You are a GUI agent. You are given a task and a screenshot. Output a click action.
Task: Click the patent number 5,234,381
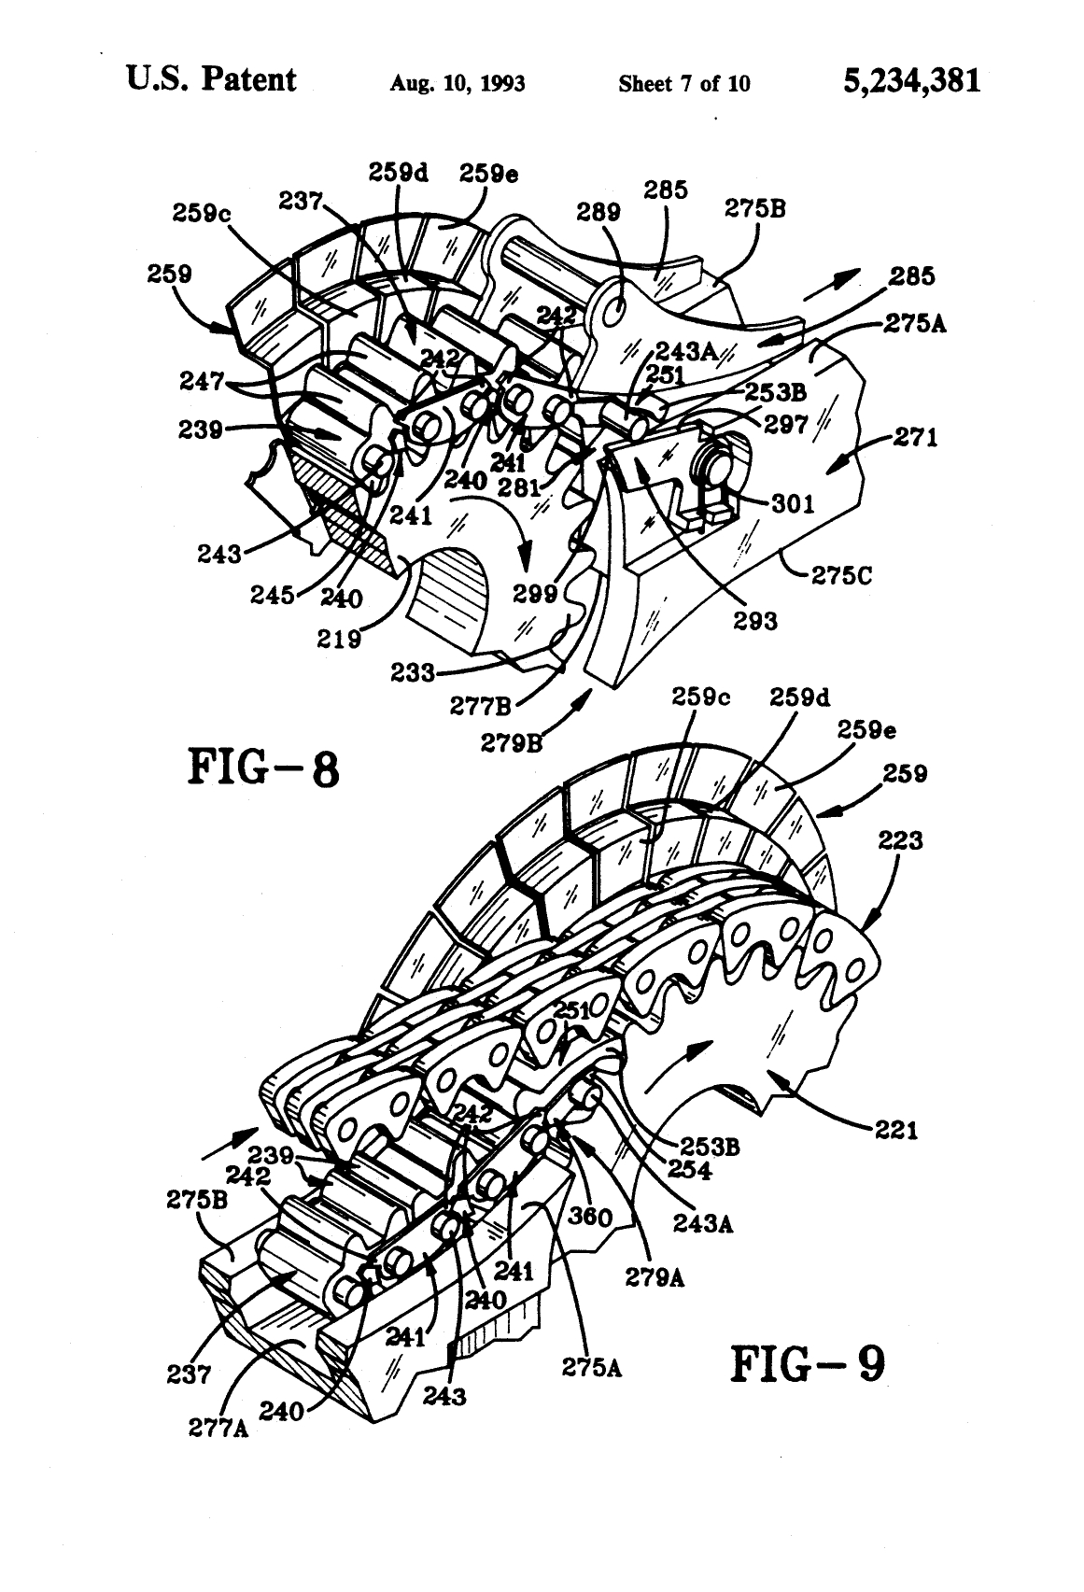[911, 81]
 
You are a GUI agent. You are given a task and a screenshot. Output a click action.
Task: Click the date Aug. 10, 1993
[457, 85]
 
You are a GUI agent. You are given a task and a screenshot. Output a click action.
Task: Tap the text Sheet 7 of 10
[683, 85]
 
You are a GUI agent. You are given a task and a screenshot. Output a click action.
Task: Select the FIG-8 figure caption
[265, 770]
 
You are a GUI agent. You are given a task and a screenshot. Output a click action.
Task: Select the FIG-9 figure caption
[807, 1363]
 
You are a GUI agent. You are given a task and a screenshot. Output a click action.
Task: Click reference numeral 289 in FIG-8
[598, 212]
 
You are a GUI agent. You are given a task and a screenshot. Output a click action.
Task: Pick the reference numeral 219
[339, 639]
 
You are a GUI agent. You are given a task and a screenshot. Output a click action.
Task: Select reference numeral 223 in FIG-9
[900, 841]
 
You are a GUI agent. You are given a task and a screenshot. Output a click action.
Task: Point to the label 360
[590, 1216]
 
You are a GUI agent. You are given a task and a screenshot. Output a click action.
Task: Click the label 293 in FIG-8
[754, 619]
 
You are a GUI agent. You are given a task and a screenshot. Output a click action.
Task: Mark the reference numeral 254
[712, 1170]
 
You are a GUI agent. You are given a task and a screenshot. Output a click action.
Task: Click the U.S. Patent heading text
[212, 80]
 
